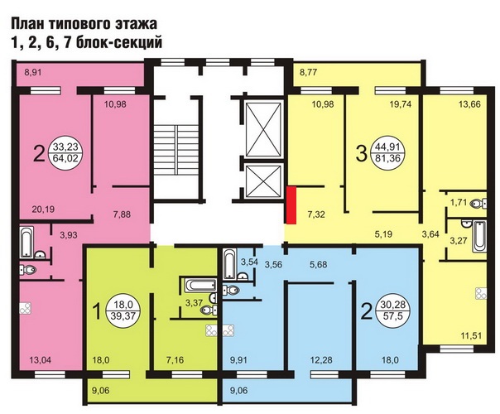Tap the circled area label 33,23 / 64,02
click(65, 152)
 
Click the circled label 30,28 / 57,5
click(393, 310)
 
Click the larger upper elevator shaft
click(263, 129)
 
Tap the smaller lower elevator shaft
click(263, 181)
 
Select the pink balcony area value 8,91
click(33, 72)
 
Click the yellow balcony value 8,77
click(308, 72)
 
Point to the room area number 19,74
click(400, 104)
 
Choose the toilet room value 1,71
click(459, 202)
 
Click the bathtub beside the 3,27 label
click(479, 236)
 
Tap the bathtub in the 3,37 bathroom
click(200, 285)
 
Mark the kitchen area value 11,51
click(471, 335)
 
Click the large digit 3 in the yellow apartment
click(361, 153)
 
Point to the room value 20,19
click(43, 209)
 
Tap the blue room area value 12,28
click(321, 360)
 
